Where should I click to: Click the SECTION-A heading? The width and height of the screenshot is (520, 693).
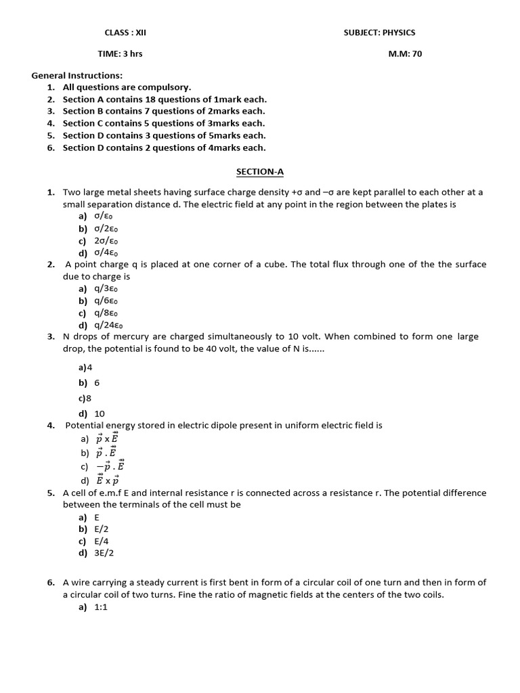(255, 173)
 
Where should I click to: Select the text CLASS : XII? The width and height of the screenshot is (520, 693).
(125, 32)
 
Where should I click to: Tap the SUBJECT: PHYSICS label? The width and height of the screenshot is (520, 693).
(379, 32)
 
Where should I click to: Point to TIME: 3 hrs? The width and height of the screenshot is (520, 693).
(120, 53)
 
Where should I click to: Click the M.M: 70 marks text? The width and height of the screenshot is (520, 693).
(404, 53)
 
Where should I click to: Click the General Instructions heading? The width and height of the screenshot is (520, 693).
(82, 75)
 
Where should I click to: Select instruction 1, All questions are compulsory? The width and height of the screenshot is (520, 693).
(127, 87)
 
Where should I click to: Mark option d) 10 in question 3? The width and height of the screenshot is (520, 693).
(92, 413)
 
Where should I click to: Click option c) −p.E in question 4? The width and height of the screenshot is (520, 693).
(106, 466)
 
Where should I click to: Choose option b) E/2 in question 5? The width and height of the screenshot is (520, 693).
(93, 529)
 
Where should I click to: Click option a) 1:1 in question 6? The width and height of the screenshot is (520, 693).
(93, 607)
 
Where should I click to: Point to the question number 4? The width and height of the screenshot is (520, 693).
(51, 426)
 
